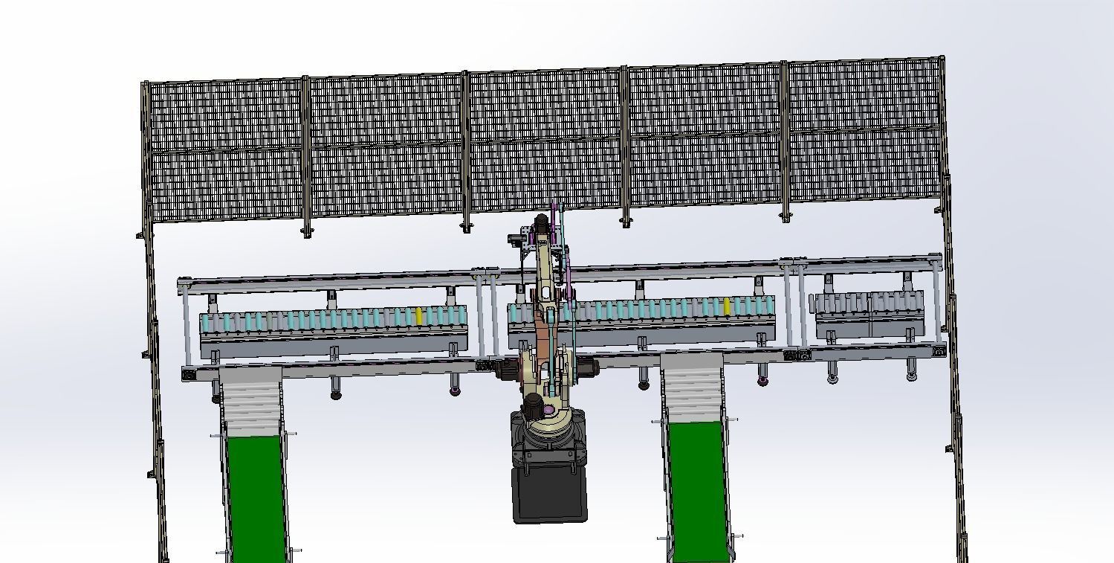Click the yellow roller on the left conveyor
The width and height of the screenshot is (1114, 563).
pyautogui.click(x=419, y=317)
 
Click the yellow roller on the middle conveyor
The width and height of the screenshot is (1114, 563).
pyautogui.click(x=727, y=306)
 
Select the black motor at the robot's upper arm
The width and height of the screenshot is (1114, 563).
pyautogui.click(x=541, y=222)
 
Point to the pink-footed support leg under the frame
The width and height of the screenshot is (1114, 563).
pyautogui.click(x=762, y=381)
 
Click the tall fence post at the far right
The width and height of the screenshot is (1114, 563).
pyautogui.click(x=952, y=297)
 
